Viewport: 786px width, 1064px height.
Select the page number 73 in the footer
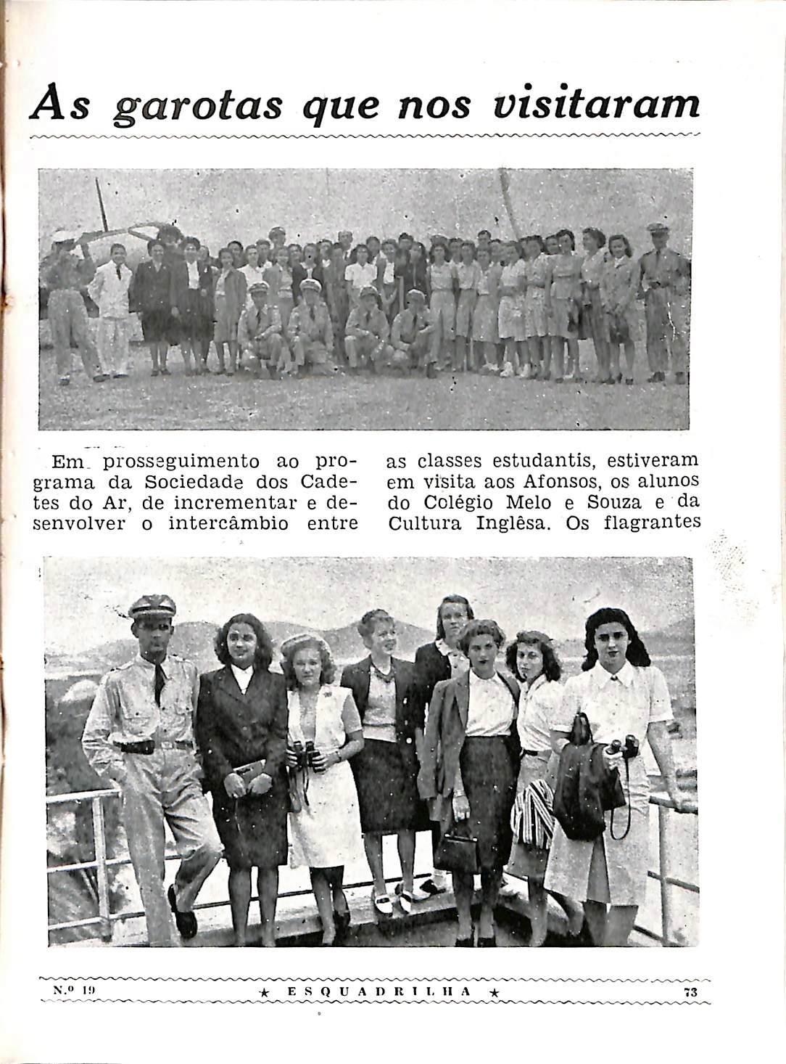point(689,991)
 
